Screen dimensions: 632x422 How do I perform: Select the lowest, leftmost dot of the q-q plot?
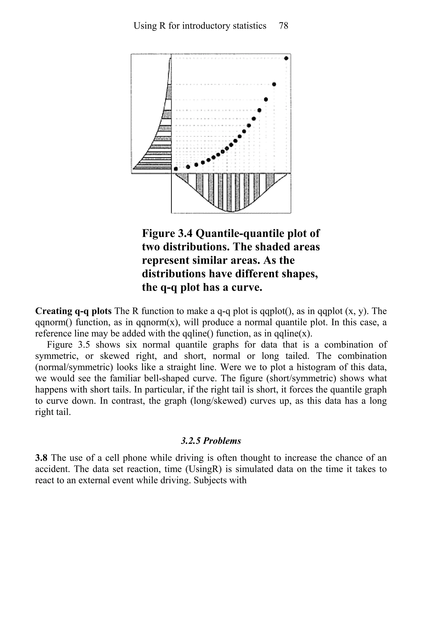tap(176, 169)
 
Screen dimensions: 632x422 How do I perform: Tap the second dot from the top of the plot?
tap(274, 84)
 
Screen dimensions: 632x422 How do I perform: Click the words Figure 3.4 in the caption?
tap(167, 233)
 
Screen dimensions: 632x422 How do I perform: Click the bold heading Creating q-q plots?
tap(73, 311)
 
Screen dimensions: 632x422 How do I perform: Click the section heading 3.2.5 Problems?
tap(211, 441)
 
